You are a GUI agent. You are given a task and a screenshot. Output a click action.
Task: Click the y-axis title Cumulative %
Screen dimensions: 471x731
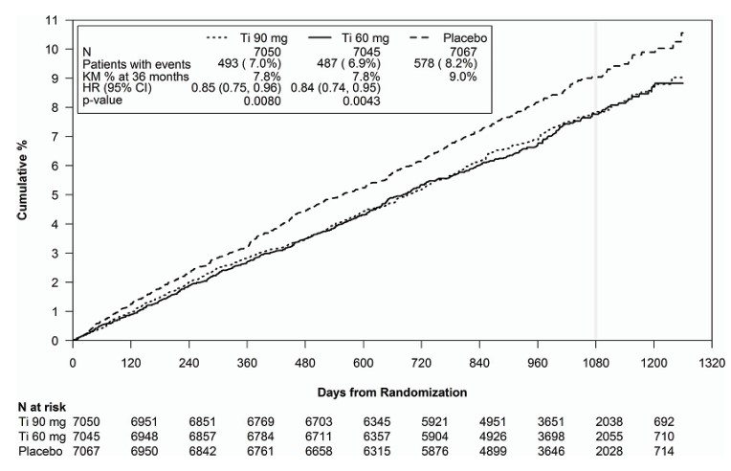pyautogui.click(x=21, y=179)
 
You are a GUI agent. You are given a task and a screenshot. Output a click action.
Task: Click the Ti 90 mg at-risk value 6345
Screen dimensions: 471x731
pyautogui.click(x=363, y=420)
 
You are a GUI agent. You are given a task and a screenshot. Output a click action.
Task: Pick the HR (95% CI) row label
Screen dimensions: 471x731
pyautogui.click(x=112, y=87)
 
